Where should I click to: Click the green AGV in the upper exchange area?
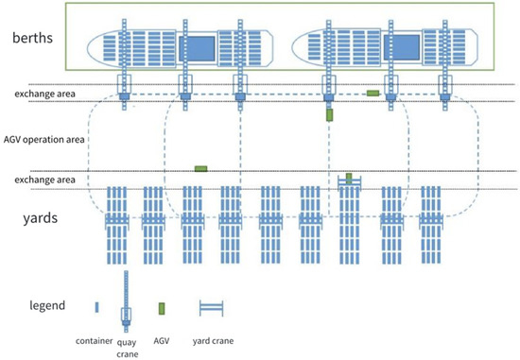pyautogui.click(x=373, y=93)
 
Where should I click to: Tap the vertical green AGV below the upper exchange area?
pyautogui.click(x=329, y=114)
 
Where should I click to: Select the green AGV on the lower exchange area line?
pyautogui.click(x=200, y=168)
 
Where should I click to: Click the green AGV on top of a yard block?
pyautogui.click(x=349, y=177)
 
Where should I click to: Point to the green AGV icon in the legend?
pyautogui.click(x=163, y=308)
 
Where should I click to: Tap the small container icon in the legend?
pyautogui.click(x=97, y=307)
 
